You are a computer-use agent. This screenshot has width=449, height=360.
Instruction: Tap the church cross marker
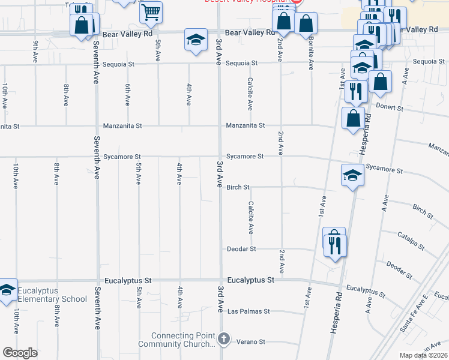(x=224, y=339)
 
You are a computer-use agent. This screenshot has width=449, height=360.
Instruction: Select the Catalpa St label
(x=411, y=241)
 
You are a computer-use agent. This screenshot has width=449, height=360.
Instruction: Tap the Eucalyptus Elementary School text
(x=52, y=295)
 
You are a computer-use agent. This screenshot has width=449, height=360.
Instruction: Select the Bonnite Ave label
(x=311, y=49)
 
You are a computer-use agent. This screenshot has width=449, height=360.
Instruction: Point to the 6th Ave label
(x=128, y=95)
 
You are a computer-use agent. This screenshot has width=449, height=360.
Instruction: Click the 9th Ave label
(x=36, y=51)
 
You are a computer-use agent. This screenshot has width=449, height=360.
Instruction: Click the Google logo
(x=20, y=353)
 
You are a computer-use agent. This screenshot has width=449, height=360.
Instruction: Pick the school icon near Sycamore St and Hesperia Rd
(x=353, y=175)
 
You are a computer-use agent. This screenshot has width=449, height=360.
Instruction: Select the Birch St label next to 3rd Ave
(x=238, y=187)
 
